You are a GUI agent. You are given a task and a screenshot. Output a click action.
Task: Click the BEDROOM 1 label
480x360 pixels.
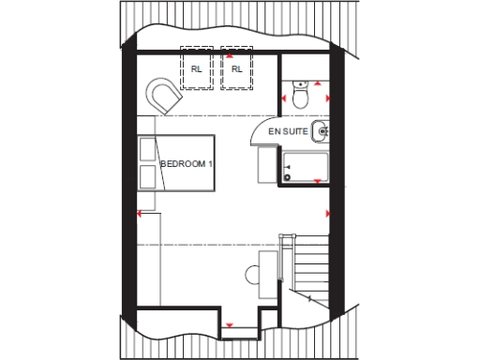pos(187,163)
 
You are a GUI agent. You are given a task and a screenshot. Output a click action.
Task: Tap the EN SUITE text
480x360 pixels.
pos(288,132)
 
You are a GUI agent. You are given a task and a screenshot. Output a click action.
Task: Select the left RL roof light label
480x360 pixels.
pos(197,68)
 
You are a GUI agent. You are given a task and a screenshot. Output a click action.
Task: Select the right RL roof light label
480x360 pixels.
pos(236,68)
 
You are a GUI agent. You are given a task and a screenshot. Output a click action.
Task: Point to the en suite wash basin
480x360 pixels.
pos(322,130)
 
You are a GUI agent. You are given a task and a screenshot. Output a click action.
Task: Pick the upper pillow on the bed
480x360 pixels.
pos(147,149)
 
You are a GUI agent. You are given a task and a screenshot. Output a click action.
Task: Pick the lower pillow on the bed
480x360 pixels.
pos(147,176)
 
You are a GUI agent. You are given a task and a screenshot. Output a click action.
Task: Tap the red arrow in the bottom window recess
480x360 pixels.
pos(230,324)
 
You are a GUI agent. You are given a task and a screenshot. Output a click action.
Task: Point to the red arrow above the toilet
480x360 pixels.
pos(317,82)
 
